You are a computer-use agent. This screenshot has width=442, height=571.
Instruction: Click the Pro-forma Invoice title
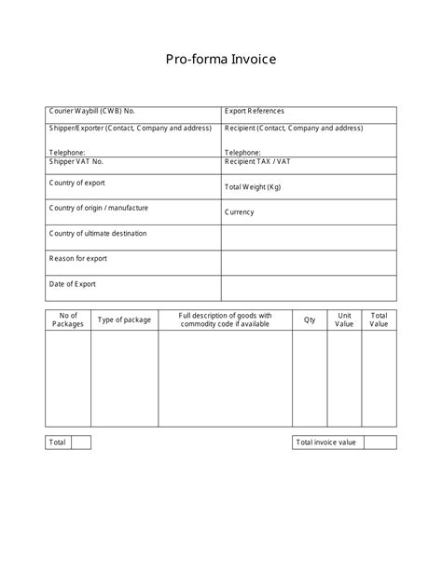[x=221, y=60]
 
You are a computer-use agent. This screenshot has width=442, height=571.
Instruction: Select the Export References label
[x=255, y=112]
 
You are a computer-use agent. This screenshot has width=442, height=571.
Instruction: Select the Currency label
[x=240, y=212]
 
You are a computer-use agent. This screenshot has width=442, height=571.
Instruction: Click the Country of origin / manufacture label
[x=99, y=208]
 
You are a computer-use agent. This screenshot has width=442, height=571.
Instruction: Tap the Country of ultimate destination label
[x=98, y=234]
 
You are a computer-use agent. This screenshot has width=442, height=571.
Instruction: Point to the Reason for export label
[x=78, y=258]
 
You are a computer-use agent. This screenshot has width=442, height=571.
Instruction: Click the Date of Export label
[x=73, y=284]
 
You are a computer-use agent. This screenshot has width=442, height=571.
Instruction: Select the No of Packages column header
[x=68, y=319]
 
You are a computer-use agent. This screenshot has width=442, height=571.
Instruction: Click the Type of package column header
[x=124, y=319]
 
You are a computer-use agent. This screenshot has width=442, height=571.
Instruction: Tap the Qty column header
[x=310, y=319]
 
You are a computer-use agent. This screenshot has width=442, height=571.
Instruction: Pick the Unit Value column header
[x=345, y=319]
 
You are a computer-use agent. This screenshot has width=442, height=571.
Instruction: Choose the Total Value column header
[x=380, y=319]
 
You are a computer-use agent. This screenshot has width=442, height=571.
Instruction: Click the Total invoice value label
[x=326, y=442]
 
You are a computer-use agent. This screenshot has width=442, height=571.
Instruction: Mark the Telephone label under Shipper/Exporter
[x=67, y=152]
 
